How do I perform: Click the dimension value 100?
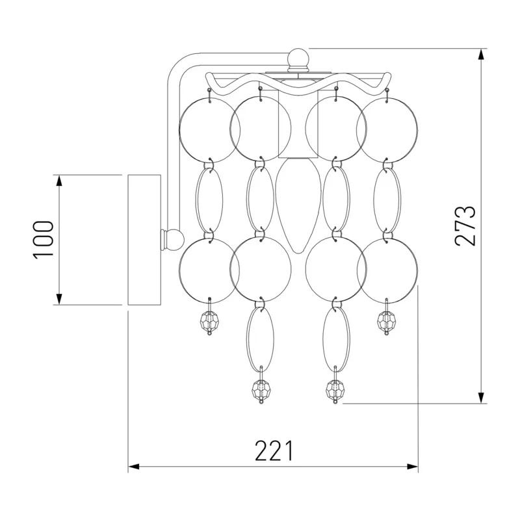point(43,239)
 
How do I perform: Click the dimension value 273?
point(465,226)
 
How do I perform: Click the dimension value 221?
point(274,450)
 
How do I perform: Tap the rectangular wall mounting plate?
point(144,240)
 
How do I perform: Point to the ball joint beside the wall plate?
point(173,239)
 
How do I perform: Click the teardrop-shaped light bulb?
point(298,205)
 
